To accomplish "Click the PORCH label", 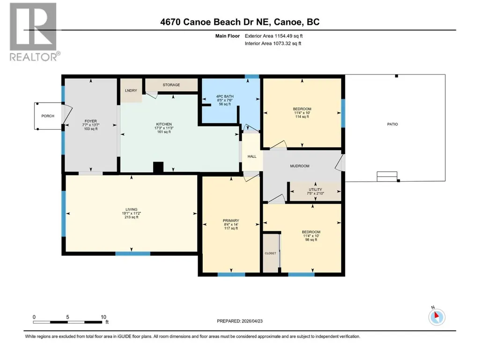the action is click(48, 116).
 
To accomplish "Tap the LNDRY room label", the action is click(131, 91).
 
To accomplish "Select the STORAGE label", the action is click(171, 85).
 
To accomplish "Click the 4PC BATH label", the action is click(225, 96).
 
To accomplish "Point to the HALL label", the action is click(252, 156).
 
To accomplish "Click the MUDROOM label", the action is click(300, 166).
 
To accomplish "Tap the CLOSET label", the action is click(270, 253).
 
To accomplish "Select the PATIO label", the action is click(392, 124).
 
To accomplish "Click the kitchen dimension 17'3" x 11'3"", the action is click(164, 128).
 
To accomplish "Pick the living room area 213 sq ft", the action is click(131, 217).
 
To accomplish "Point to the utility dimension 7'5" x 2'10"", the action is click(315, 193).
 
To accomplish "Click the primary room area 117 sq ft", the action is click(231, 228).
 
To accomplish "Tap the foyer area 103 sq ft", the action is click(90, 129).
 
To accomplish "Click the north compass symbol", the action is click(436, 316).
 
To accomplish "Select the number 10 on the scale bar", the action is click(103, 317).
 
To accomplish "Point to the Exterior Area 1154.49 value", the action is click(288, 36).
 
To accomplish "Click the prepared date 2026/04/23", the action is click(252, 321).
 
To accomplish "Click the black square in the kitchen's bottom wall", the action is click(158, 168).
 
